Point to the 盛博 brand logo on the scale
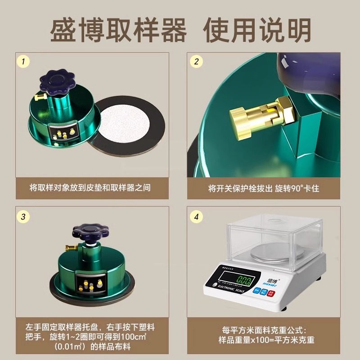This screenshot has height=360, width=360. (x=273, y=271)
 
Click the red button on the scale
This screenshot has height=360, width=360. (x=270, y=292)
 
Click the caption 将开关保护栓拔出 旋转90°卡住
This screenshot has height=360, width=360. (x=263, y=188)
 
